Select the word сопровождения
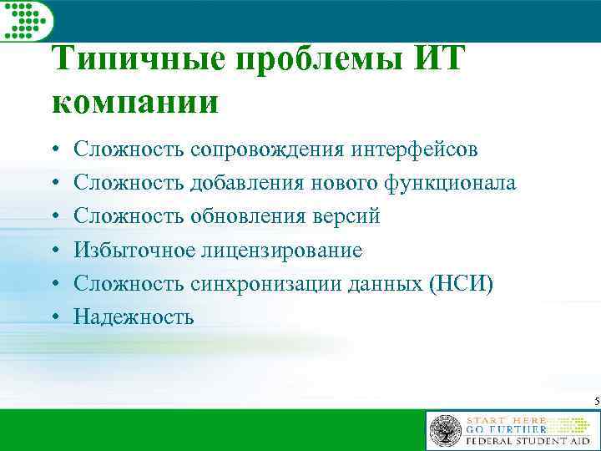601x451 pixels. [267, 150]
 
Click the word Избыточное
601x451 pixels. [134, 251]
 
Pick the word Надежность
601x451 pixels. [134, 317]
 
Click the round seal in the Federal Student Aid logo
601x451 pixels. [445, 431]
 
